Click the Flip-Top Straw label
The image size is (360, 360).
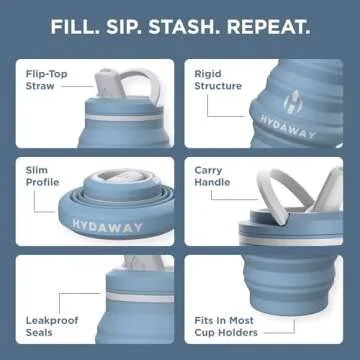[43, 79]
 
